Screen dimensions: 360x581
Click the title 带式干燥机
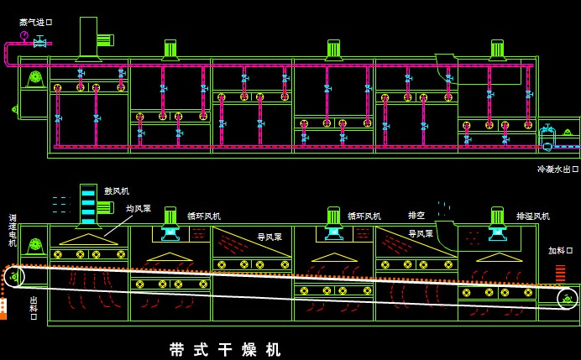(225, 349)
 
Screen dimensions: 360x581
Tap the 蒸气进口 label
(35, 23)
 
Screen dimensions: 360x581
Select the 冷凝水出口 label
(558, 169)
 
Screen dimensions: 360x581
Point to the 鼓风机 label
(117, 191)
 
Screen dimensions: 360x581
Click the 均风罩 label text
(139, 208)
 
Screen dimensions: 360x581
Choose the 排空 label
(416, 215)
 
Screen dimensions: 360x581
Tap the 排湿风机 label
(533, 217)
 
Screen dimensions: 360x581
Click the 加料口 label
(560, 250)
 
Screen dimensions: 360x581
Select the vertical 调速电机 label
(13, 230)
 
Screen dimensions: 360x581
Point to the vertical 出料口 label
(34, 305)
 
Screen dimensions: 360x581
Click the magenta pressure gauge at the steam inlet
(24, 35)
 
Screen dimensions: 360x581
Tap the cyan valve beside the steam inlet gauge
(39, 42)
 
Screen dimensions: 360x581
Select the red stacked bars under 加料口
(560, 273)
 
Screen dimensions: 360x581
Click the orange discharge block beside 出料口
(3, 308)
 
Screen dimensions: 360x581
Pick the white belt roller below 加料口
(568, 297)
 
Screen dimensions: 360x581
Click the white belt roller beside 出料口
(13, 276)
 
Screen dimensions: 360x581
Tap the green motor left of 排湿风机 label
(497, 217)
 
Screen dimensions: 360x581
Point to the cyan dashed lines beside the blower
(59, 204)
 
